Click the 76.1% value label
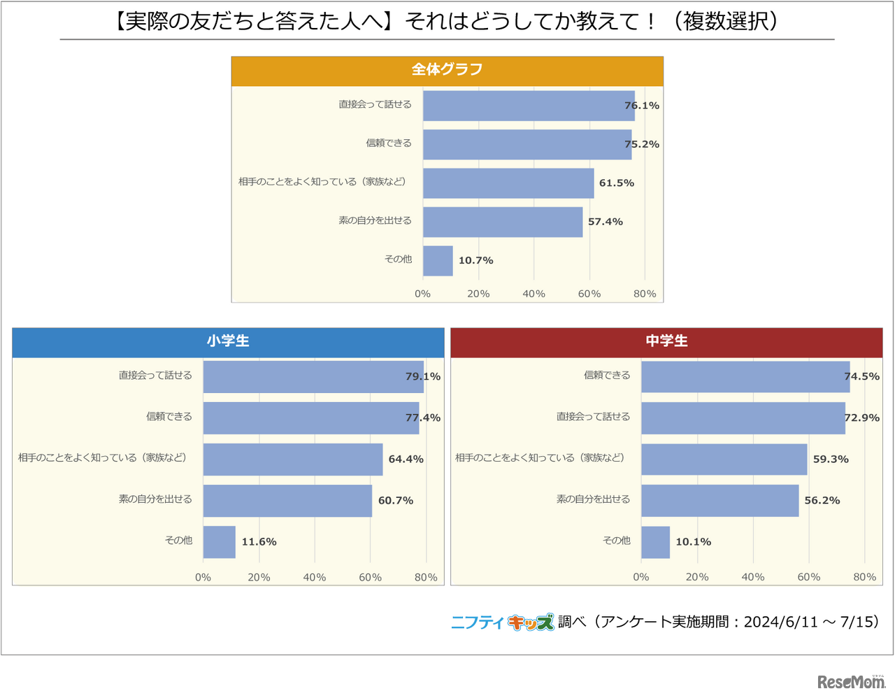pyautogui.click(x=641, y=106)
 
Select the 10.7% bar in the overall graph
pyautogui.click(x=438, y=261)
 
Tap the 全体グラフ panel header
pyautogui.click(x=447, y=70)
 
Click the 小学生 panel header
pyautogui.click(x=228, y=341)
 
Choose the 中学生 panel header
pyautogui.click(x=666, y=341)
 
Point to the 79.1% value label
pyautogui.click(x=423, y=376)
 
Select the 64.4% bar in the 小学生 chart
pyautogui.click(x=293, y=460)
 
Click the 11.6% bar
pyautogui.click(x=219, y=542)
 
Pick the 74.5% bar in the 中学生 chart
pyautogui.click(x=745, y=377)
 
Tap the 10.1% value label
pyautogui.click(x=693, y=542)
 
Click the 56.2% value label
pyautogui.click(x=822, y=501)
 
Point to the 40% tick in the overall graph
pyautogui.click(x=534, y=294)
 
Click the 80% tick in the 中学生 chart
pyautogui.click(x=864, y=577)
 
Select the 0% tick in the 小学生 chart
pyautogui.click(x=203, y=577)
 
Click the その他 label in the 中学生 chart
pyautogui.click(x=616, y=541)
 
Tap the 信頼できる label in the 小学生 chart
pyautogui.click(x=169, y=417)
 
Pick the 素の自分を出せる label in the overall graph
pyautogui.click(x=375, y=221)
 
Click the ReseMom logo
pyautogui.click(x=851, y=681)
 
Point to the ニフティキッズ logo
pyautogui.click(x=502, y=622)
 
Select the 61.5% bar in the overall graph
pyautogui.click(x=508, y=183)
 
